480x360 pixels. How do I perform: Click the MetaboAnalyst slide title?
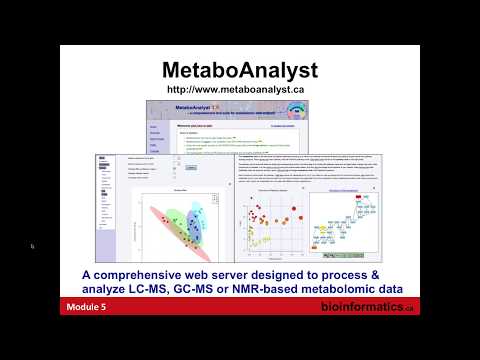point(240,70)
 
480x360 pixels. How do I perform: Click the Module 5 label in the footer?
point(87,308)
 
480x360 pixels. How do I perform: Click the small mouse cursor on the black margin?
point(32,246)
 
